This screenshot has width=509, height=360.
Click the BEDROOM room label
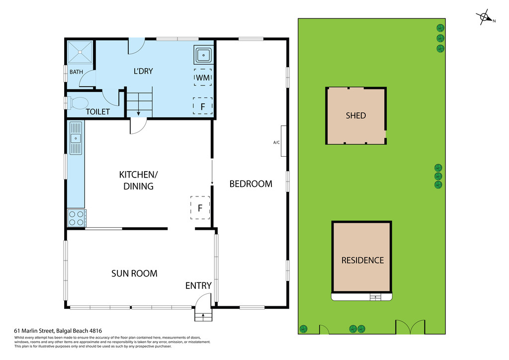251,184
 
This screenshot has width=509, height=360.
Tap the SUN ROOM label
134,273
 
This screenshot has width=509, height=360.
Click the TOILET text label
97,112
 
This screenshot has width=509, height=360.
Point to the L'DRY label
143,71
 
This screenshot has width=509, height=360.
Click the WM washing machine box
203,78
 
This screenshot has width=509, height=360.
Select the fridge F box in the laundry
202,106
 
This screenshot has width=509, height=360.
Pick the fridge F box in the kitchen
200,208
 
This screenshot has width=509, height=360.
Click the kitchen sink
76,138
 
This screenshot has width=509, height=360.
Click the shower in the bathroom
80,52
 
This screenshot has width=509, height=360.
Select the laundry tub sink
204,55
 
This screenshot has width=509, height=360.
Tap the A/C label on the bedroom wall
277,143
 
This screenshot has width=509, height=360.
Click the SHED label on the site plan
355,115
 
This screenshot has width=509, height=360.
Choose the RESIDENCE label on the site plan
362,260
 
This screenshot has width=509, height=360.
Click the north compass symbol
484,18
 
